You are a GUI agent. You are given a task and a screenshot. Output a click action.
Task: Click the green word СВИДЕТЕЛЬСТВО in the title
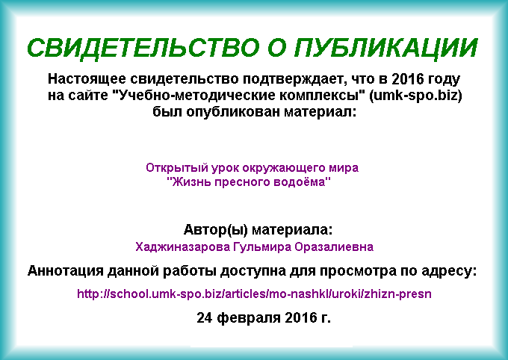click(143, 49)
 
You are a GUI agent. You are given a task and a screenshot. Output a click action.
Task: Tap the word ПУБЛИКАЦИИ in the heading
click(386, 49)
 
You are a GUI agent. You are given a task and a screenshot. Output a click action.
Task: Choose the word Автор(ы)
click(216, 230)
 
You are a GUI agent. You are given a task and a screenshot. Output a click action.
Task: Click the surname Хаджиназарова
click(183, 247)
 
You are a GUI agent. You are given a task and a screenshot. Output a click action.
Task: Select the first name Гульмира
click(262, 247)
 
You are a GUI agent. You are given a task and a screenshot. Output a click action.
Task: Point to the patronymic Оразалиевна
click(334, 247)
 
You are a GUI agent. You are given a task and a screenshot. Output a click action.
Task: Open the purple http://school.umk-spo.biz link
click(254, 294)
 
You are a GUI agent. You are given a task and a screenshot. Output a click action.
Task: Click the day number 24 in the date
click(205, 318)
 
